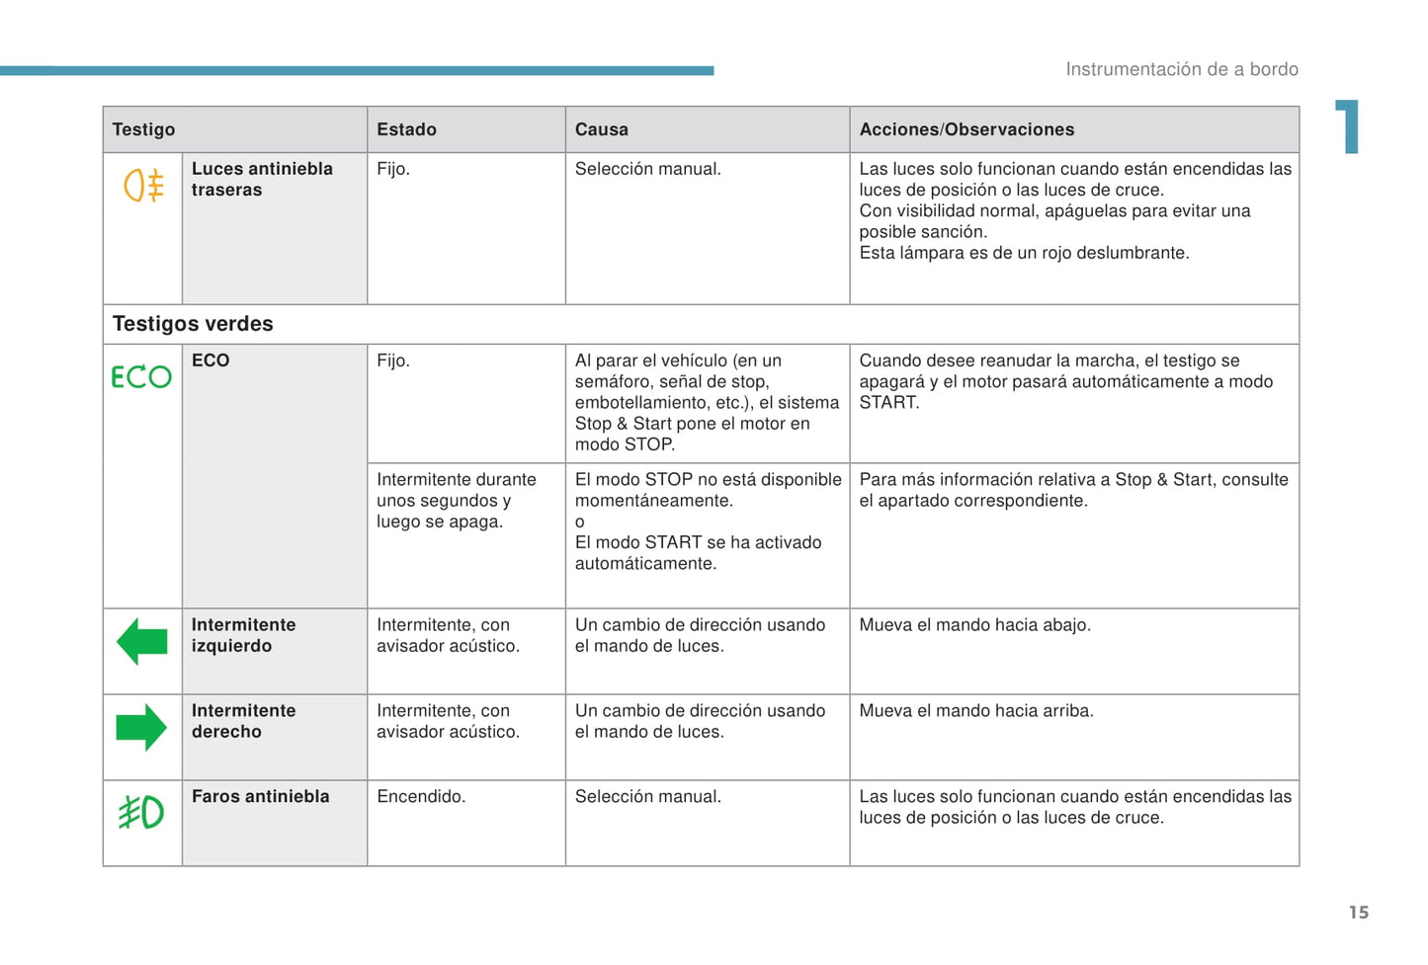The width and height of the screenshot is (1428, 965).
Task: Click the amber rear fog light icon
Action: (143, 186)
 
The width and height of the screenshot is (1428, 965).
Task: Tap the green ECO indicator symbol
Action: (141, 377)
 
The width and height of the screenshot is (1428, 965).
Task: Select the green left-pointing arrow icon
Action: (142, 642)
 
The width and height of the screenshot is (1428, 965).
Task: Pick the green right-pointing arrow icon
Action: (141, 728)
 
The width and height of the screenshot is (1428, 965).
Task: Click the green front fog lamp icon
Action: (141, 813)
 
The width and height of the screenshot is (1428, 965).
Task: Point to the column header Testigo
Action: (143, 129)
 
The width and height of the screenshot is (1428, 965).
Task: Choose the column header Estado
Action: (406, 129)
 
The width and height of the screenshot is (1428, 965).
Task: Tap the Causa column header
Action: (601, 129)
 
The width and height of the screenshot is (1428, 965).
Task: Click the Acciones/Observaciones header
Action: (966, 129)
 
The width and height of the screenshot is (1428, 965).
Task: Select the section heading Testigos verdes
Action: (193, 324)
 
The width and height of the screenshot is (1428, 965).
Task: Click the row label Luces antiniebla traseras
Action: (261, 180)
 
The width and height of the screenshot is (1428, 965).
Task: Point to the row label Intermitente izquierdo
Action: (243, 635)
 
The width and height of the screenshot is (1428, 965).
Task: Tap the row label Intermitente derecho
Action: (243, 721)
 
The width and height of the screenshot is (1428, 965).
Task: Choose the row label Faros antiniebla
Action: (260, 796)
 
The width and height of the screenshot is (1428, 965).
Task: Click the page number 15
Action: (1359, 913)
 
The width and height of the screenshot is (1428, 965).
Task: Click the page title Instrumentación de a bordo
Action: (1181, 69)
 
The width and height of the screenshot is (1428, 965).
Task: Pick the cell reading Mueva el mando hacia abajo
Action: (974, 625)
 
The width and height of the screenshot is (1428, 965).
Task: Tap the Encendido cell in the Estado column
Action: (421, 796)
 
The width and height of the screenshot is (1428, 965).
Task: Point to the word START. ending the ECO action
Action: (889, 403)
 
